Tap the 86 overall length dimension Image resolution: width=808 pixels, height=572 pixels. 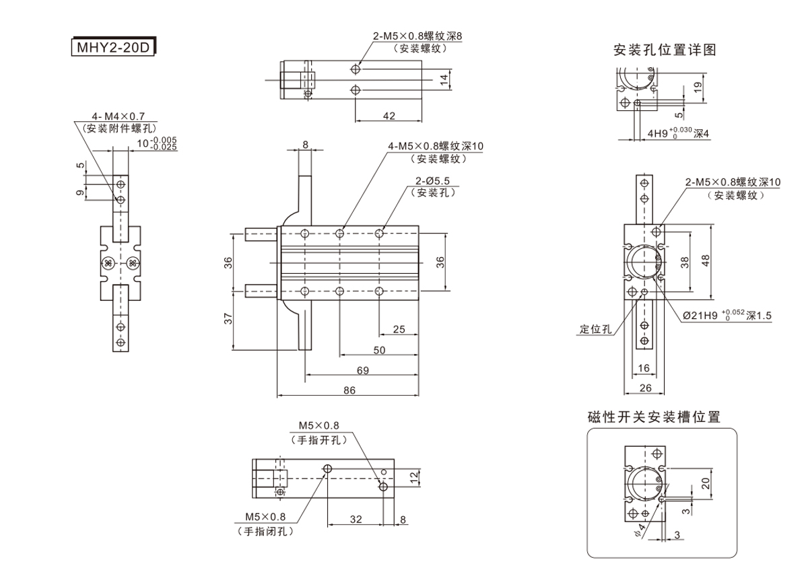click(349, 390)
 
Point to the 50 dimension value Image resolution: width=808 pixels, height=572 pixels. click(379, 350)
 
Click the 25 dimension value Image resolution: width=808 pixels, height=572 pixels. click(399, 329)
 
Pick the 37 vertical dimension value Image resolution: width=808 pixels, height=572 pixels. click(227, 319)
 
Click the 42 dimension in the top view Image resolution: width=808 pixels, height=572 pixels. click(389, 116)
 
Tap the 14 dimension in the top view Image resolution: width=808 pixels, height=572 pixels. click(444, 79)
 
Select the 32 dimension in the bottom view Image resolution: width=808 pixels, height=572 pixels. click(356, 519)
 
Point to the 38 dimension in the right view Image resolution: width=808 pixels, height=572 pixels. click(685, 262)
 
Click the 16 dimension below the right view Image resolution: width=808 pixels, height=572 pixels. click(643, 367)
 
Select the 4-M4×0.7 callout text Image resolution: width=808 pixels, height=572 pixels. click(118, 116)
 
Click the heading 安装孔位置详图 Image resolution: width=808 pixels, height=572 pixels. click(664, 49)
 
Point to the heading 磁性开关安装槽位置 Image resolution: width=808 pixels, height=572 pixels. click(654, 417)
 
